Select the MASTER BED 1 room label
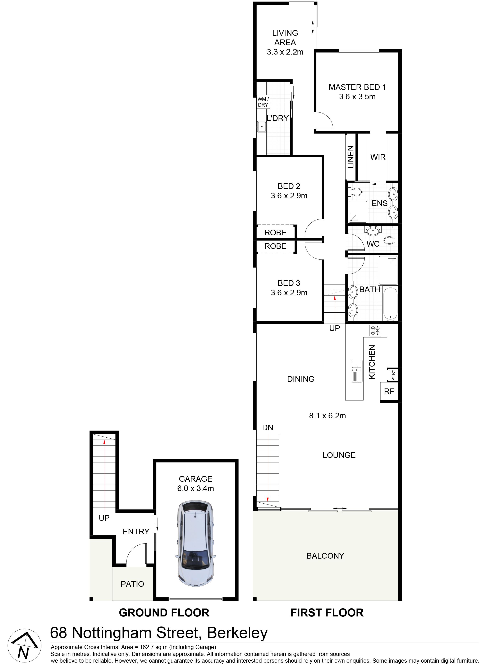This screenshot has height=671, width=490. [357, 87]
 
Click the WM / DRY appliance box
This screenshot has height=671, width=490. [263, 102]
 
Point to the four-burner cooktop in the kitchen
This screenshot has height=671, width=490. [375, 330]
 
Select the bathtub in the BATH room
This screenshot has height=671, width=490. [390, 304]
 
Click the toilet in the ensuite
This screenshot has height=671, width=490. [355, 192]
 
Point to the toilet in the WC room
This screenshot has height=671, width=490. [391, 240]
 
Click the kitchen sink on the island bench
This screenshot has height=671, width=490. [357, 371]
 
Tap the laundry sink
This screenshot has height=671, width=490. [262, 127]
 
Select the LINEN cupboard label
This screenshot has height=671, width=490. [351, 157]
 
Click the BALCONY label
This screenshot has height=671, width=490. [325, 556]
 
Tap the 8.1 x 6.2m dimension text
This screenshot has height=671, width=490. [328, 415]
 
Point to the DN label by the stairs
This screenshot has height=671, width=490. [267, 427]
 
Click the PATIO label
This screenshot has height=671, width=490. [132, 584]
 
